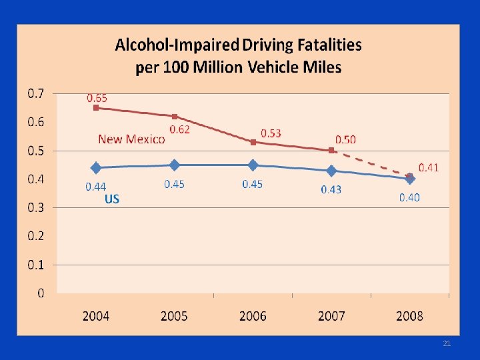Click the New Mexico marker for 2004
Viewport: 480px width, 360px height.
tap(96, 107)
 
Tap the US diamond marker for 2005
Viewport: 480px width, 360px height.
tap(175, 165)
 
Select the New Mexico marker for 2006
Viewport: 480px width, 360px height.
tap(253, 142)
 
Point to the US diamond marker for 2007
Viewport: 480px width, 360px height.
tap(331, 171)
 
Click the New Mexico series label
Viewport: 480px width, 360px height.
tap(131, 139)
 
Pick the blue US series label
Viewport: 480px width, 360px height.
tap(112, 199)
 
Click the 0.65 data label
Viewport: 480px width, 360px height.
tap(97, 97)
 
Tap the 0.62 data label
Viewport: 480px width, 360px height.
tap(179, 129)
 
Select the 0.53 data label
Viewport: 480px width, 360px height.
tap(270, 133)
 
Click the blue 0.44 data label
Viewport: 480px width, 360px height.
tap(96, 187)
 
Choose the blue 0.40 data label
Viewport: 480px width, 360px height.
tap(409, 197)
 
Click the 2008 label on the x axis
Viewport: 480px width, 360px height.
tap(409, 315)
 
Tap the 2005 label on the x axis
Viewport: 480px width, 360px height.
tap(175, 315)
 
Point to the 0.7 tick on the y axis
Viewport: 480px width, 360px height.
tap(36, 93)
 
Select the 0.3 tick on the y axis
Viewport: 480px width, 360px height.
tap(36, 207)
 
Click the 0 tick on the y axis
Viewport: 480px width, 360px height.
tap(41, 293)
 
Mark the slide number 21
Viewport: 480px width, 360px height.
tap(447, 343)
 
